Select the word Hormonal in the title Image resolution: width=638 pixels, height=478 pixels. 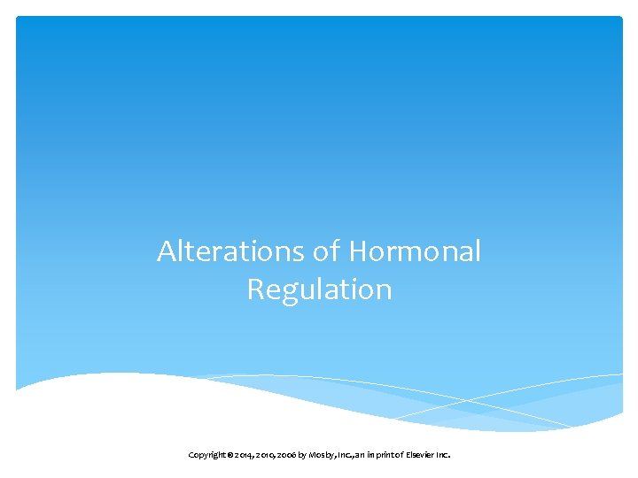[x=415, y=251]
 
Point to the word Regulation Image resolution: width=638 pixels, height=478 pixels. [x=319, y=289]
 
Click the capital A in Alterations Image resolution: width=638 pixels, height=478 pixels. [x=167, y=251]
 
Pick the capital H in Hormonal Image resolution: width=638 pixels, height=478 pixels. [x=359, y=251]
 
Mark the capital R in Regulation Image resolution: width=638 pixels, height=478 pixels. [x=256, y=289]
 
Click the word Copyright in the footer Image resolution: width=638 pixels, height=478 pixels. [x=205, y=455]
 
